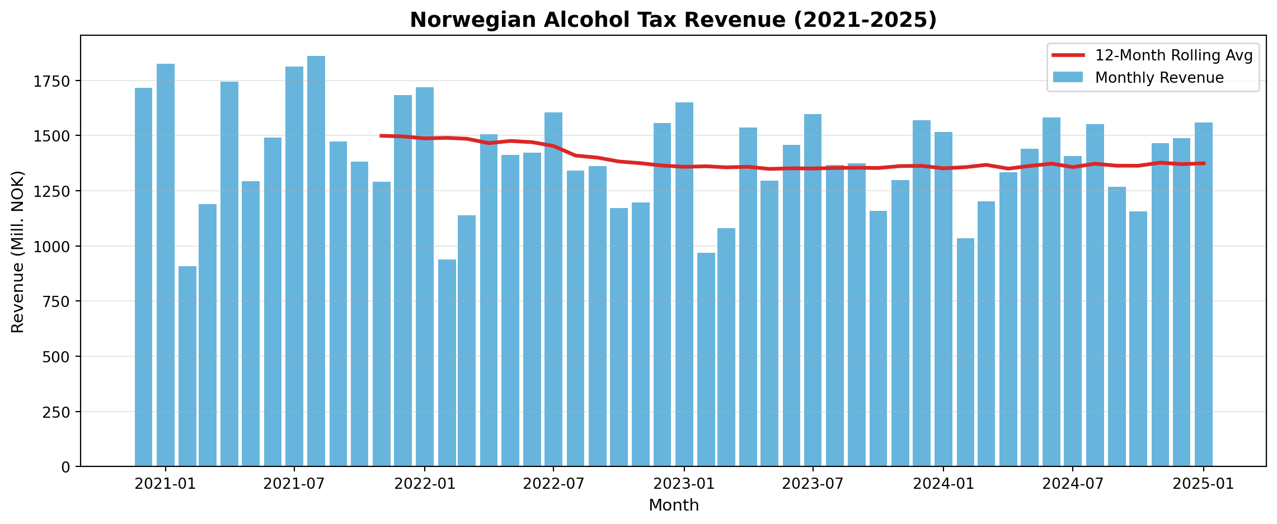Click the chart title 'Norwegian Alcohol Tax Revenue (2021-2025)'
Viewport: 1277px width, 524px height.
tap(673, 20)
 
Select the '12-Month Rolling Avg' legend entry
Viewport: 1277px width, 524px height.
tap(1173, 55)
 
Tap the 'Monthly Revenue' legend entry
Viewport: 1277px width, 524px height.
tap(1159, 78)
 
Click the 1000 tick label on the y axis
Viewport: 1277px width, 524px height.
tap(56, 247)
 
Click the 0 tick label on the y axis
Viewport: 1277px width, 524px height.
tap(66, 467)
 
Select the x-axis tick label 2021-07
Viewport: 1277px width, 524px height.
tap(294, 484)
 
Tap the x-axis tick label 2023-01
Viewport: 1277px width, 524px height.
tap(684, 484)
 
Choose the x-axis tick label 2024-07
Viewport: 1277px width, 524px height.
tap(1072, 484)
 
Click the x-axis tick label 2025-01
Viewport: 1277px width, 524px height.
tap(1203, 484)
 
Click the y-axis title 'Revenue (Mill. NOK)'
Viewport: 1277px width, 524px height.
tap(18, 252)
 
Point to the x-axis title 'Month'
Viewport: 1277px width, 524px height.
tap(673, 506)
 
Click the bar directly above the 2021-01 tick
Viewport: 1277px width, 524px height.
tap(166, 265)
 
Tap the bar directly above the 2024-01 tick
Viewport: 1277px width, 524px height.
tap(943, 299)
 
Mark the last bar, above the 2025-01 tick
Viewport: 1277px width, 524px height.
tap(1204, 294)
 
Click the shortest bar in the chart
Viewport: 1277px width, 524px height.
tap(187, 366)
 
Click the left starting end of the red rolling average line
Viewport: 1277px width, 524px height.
tap(381, 136)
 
